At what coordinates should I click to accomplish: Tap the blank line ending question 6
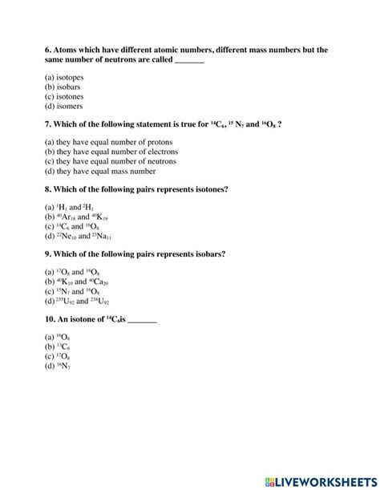pos(189,61)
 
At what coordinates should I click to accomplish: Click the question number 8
pos(49,189)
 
